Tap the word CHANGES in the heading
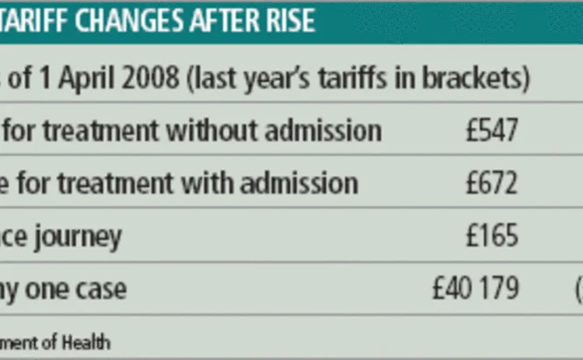[x=130, y=20]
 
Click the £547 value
[x=491, y=131]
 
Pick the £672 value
[x=491, y=183]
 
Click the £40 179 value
[x=475, y=289]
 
